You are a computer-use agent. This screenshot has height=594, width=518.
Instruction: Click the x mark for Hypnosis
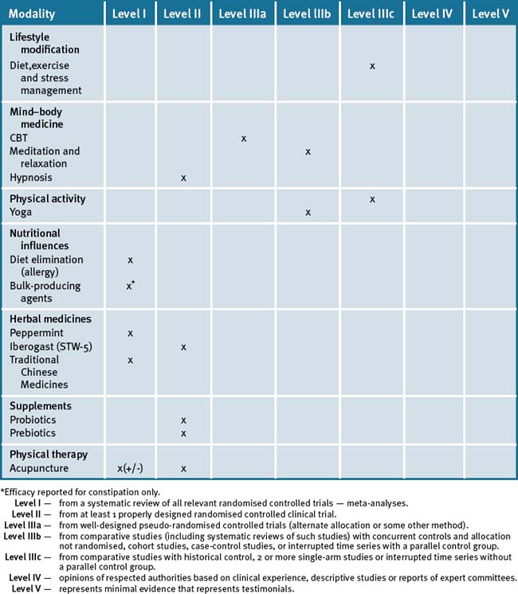183,178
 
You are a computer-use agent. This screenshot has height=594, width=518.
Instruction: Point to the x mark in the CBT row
243,139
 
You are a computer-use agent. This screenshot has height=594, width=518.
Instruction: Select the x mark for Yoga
308,213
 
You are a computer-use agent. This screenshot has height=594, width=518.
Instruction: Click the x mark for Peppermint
131,333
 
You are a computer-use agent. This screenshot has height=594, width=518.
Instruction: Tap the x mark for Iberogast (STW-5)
183,347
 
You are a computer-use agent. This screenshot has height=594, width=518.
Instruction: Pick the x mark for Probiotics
183,420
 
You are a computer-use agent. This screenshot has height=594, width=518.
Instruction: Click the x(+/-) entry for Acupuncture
135,469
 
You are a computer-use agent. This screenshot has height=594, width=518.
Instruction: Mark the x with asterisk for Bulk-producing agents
131,285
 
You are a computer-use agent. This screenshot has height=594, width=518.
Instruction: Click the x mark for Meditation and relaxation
308,151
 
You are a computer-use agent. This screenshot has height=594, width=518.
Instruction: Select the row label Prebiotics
33,432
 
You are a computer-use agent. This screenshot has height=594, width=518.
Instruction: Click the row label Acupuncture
39,468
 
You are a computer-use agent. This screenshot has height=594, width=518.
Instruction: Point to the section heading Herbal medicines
50,318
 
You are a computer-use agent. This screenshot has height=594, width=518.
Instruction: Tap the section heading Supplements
41,406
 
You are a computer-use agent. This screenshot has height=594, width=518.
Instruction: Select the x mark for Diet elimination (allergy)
131,260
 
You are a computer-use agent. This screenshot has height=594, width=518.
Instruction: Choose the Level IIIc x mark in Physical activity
372,198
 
